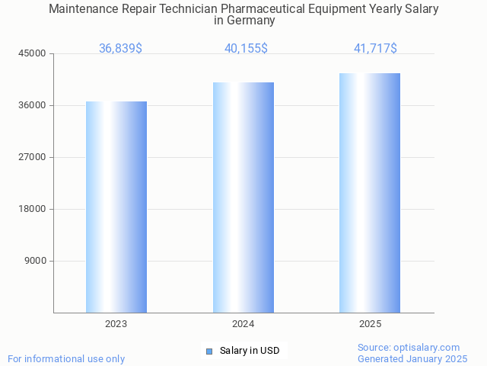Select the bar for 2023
pos(116,207)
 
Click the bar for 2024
pos(243,197)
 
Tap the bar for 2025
pos(370,193)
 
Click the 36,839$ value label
pos(120,49)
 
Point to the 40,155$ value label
pos(246,49)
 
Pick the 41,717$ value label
pos(375,49)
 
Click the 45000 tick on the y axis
pos(33,53)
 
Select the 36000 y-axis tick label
pos(33,105)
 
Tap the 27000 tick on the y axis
pos(33,157)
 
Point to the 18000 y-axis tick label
pos(33,209)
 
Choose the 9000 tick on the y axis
pos(35,261)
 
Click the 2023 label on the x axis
pos(116,324)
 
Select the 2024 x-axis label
pos(243,324)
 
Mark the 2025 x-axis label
pos(370,324)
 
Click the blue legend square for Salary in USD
pos(209,351)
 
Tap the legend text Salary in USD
pos(250,351)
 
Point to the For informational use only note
pos(66,358)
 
